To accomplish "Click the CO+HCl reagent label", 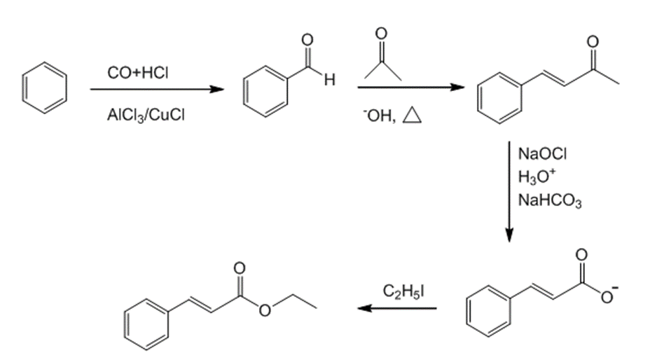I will coord(137,73).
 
